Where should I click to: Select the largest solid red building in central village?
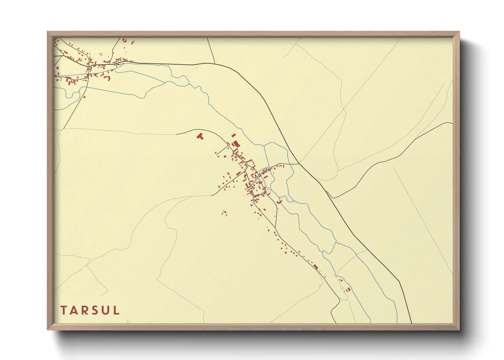[236, 144]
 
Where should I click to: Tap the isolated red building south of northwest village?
[84, 97]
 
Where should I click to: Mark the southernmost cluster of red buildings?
[348, 290]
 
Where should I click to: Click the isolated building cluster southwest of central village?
[224, 213]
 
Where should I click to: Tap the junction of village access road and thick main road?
[299, 164]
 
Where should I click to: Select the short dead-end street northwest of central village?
[222, 151]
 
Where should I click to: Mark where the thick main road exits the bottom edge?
[411, 323]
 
